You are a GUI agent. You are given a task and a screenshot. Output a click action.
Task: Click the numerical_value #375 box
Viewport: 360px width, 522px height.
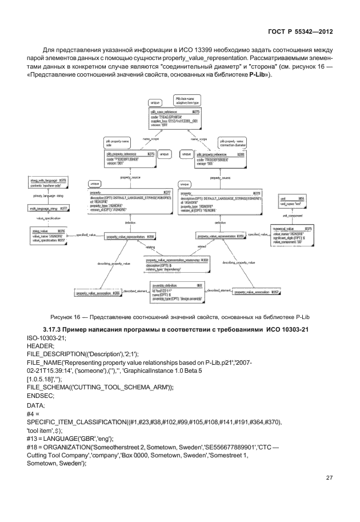pos(291,235)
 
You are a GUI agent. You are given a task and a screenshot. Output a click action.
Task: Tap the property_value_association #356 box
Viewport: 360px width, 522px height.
pos(97,293)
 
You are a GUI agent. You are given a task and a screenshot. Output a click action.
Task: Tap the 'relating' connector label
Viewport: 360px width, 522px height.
pos(150,247)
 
